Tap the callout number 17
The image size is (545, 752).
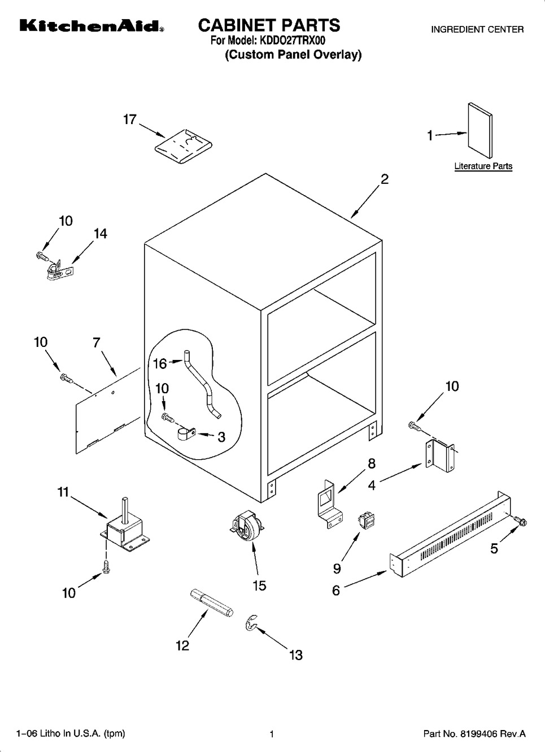[130, 120]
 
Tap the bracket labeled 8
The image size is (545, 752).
[327, 502]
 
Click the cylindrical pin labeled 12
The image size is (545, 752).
[210, 603]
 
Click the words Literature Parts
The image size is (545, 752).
[483, 166]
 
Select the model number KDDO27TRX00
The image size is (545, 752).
[292, 41]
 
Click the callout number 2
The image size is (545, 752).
[384, 179]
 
